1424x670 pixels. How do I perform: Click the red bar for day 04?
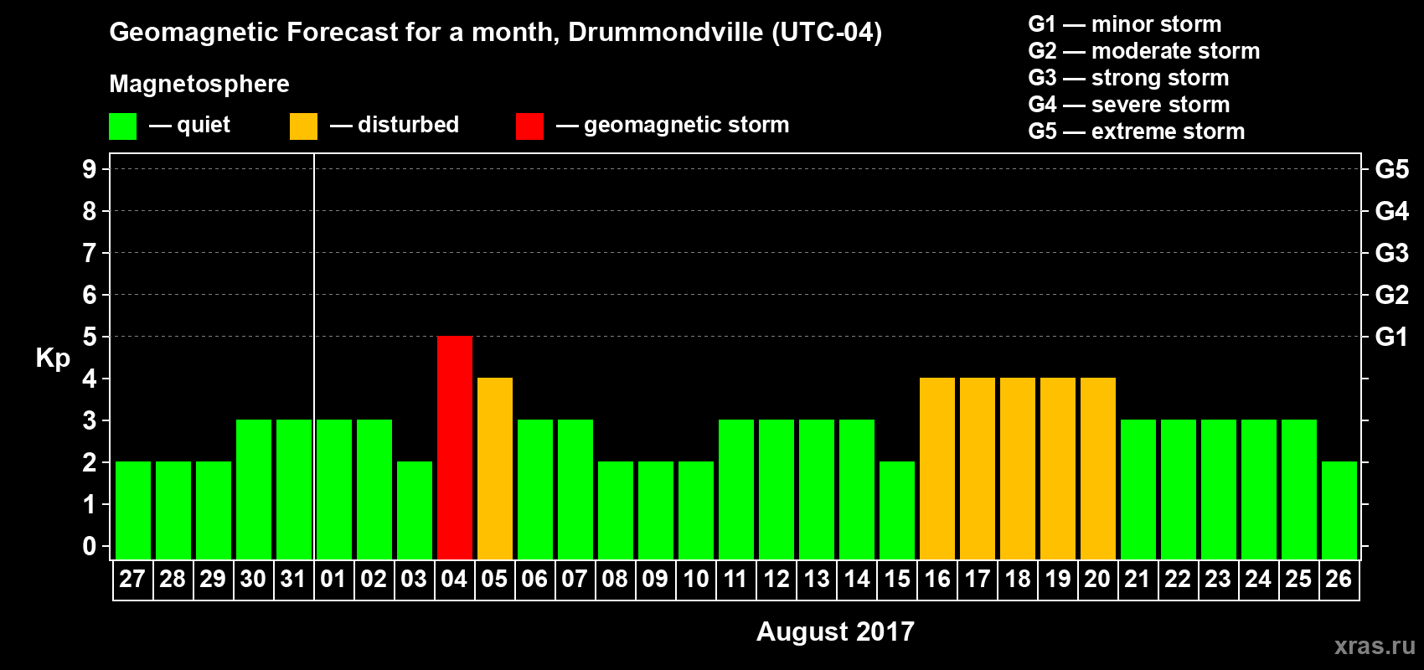455,447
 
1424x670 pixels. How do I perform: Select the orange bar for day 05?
495,468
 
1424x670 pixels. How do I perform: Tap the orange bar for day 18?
1018,468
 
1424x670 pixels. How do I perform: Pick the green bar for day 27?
133,510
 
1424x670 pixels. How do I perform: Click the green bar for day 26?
1339,510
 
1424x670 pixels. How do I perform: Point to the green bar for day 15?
897,510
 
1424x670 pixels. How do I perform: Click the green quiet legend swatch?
123,126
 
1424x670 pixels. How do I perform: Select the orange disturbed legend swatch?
303,126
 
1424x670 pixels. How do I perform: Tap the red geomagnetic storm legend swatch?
529,126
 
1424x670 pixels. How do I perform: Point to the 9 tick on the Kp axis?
90,169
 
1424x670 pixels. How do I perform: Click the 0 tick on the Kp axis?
90,546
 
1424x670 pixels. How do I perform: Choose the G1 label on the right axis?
1391,337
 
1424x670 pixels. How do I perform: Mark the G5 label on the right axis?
1391,169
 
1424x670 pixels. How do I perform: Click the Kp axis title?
53,358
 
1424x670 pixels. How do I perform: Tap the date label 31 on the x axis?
293,579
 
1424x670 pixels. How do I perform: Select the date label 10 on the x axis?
696,579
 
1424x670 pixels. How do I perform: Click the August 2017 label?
835,631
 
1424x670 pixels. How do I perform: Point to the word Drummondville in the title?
665,33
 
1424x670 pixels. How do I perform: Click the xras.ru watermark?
1375,646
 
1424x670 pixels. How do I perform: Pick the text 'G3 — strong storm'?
1128,78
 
